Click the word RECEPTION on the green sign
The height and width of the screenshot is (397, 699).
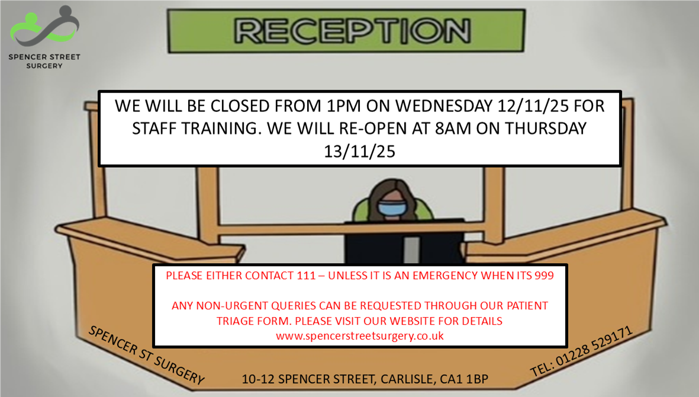352,31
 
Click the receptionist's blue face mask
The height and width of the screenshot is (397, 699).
392,208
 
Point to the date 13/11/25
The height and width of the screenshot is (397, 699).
359,152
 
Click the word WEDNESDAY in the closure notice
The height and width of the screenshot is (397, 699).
443,106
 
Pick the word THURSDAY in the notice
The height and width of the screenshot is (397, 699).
545,129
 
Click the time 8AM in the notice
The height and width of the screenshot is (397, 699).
452,129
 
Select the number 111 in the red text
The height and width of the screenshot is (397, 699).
306,276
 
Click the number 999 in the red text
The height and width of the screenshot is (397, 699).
544,276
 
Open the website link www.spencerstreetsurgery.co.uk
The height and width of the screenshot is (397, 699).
360,336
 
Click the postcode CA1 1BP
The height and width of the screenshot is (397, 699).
464,379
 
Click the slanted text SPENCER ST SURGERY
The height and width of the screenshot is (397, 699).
147,354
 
